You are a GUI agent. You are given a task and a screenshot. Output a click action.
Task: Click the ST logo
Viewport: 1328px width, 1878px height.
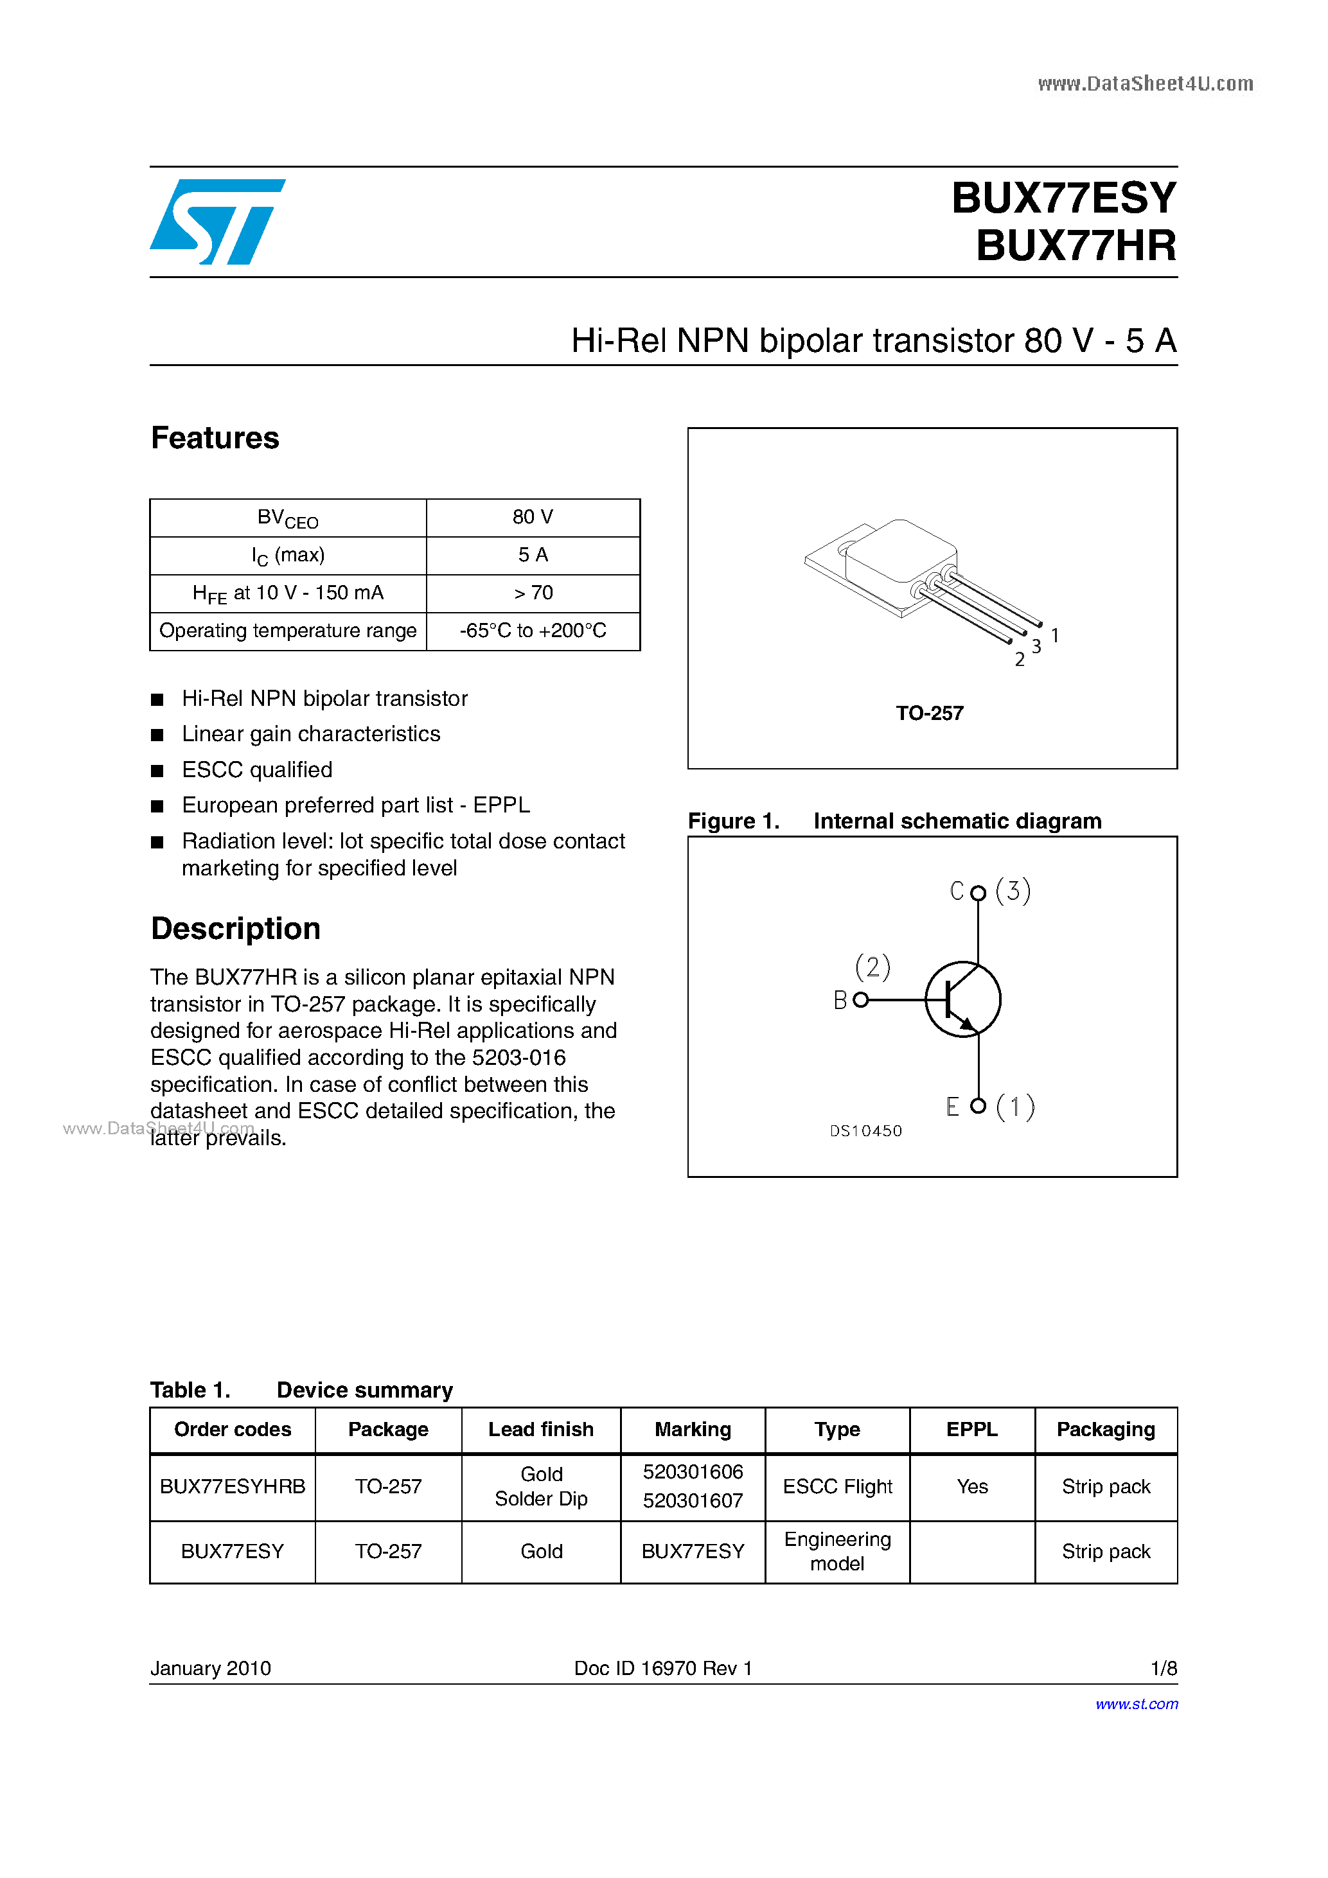[217, 222]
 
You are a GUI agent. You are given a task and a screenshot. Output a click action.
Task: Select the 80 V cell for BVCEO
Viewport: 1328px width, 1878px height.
[533, 517]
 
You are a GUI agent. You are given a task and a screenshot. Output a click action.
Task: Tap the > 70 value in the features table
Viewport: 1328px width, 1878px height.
[533, 593]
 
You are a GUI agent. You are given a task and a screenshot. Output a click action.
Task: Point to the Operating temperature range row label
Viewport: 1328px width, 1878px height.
[287, 631]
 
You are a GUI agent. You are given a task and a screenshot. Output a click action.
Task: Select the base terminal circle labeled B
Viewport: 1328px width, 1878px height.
[860, 999]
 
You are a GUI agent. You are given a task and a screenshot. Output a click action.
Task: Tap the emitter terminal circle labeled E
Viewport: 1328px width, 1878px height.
[978, 1106]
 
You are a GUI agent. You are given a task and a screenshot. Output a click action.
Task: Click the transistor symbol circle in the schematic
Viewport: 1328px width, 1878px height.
[963, 999]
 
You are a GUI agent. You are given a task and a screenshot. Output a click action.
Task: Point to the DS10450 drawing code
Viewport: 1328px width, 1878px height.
[865, 1130]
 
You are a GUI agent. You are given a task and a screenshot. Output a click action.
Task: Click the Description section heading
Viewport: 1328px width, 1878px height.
[236, 928]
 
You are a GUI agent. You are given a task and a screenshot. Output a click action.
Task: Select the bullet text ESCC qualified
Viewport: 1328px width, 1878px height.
[257, 769]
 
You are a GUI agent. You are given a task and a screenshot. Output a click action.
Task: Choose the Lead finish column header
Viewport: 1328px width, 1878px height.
[541, 1429]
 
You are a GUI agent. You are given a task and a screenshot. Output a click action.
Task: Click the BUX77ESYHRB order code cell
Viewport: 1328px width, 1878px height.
[233, 1486]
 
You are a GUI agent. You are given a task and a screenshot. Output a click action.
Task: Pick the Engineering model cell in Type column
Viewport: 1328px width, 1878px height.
[837, 1551]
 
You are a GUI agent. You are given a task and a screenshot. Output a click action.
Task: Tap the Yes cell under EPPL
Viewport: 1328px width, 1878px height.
[972, 1486]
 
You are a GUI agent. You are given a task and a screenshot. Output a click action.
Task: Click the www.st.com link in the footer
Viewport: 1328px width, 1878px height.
[1137, 1704]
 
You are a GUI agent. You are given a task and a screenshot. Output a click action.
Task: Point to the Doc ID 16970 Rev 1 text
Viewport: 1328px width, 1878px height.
[663, 1668]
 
